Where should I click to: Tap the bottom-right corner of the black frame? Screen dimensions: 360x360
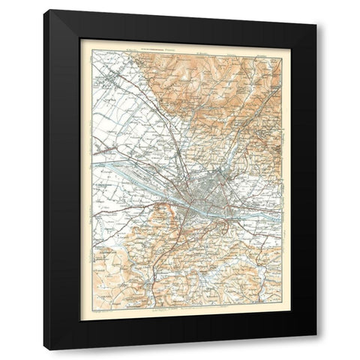pos(316,349)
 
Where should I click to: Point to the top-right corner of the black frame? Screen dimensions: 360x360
pos(316,11)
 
